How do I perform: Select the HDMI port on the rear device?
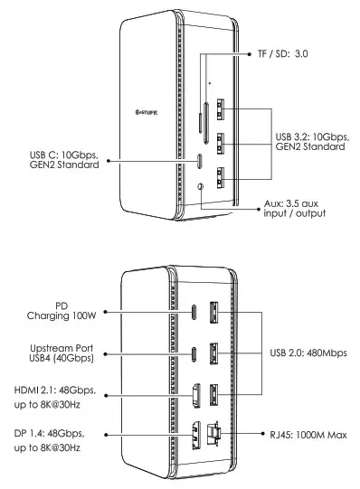coord(195,394)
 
